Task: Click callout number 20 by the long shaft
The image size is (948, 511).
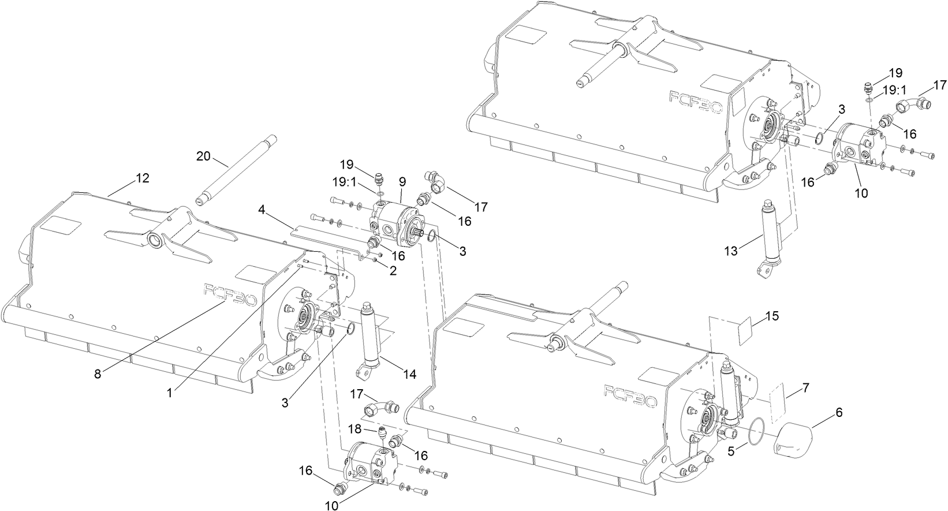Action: pyautogui.click(x=204, y=156)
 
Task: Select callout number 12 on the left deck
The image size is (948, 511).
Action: pyautogui.click(x=142, y=178)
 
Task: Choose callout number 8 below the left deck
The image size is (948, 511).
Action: pyautogui.click(x=98, y=374)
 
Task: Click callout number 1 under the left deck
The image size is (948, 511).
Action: pyautogui.click(x=170, y=392)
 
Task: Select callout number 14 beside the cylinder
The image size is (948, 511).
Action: pyautogui.click(x=409, y=374)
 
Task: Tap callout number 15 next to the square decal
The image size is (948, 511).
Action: pyautogui.click(x=772, y=316)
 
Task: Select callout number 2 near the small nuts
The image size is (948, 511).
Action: pyautogui.click(x=393, y=270)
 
